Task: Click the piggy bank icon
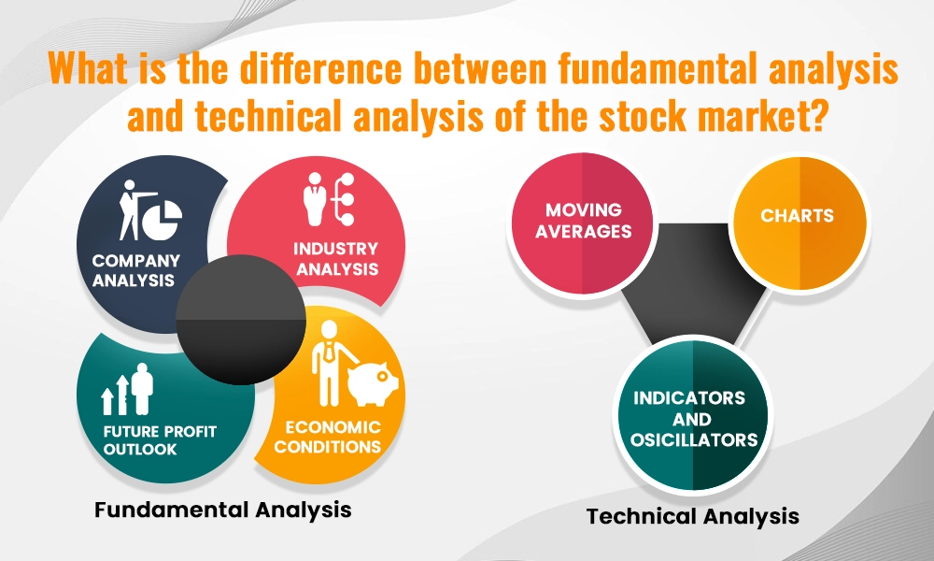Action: pyautogui.click(x=373, y=383)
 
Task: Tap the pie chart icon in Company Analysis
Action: pyautogui.click(x=161, y=219)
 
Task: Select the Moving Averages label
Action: pyautogui.click(x=583, y=221)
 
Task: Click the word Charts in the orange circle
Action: pyautogui.click(x=797, y=215)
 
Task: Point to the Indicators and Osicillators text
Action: pyautogui.click(x=693, y=419)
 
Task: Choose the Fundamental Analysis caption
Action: pyautogui.click(x=223, y=510)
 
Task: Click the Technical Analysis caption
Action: pyautogui.click(x=693, y=516)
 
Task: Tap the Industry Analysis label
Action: pyautogui.click(x=336, y=259)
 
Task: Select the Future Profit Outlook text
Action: pyautogui.click(x=160, y=440)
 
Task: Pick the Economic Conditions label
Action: pyautogui.click(x=328, y=437)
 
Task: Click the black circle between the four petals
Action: pyautogui.click(x=241, y=320)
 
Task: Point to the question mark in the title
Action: pyautogui.click(x=815, y=115)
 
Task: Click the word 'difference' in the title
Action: pyautogui.click(x=321, y=67)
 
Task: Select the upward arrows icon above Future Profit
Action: pyautogui.click(x=116, y=394)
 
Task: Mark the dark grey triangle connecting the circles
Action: pyautogui.click(x=694, y=280)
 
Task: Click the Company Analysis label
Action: pyautogui.click(x=135, y=270)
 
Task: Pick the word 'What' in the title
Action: pyautogui.click(x=89, y=67)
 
